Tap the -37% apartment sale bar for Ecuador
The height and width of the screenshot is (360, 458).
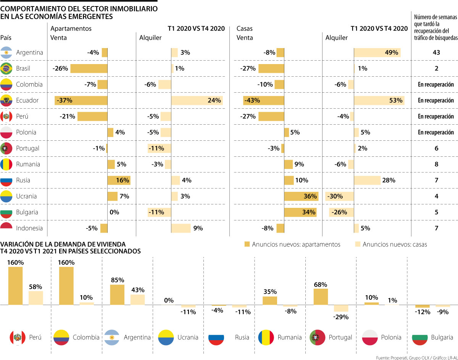(x=81, y=100)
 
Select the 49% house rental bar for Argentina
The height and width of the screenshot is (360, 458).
(x=377, y=53)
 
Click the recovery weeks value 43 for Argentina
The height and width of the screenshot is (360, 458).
(x=436, y=53)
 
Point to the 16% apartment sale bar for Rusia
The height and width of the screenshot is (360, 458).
(x=119, y=180)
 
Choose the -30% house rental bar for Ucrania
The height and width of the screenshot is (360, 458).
(x=339, y=196)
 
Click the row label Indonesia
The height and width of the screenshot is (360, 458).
(x=29, y=228)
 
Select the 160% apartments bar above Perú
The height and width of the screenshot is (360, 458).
(x=15, y=286)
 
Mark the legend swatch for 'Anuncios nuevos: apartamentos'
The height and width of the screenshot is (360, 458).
(x=247, y=244)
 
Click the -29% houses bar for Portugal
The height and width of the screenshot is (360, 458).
(x=341, y=309)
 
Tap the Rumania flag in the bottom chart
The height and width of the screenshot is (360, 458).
(x=266, y=337)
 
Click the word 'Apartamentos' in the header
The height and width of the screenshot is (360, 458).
(x=71, y=29)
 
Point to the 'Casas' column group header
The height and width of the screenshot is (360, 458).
(x=245, y=29)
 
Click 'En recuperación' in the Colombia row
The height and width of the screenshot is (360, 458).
(x=436, y=85)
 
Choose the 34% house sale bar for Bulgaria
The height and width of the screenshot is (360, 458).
(x=300, y=212)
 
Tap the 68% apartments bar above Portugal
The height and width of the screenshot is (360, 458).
(x=321, y=297)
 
